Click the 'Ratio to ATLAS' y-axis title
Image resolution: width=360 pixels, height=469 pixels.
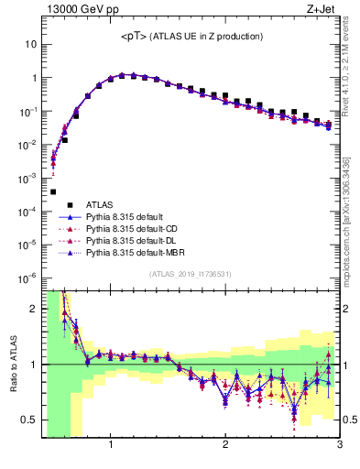coord(12,364)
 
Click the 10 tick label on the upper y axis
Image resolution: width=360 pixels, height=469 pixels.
coord(31,44)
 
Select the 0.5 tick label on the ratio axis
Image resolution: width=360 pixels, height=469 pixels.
coord(29,420)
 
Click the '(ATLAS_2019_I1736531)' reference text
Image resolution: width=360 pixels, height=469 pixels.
coord(191,274)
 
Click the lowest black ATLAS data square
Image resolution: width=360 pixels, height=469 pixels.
coord(53,191)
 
